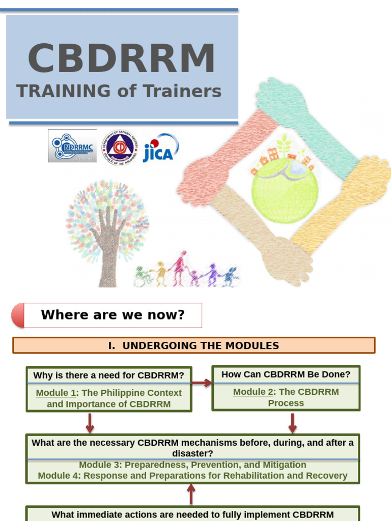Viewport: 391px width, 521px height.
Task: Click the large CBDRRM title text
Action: tap(121, 59)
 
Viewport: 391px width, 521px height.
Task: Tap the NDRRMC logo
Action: tap(72, 146)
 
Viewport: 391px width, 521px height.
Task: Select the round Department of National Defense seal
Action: tap(120, 147)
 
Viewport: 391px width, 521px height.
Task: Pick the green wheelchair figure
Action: tap(141, 277)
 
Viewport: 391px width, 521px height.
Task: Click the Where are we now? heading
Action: tap(113, 315)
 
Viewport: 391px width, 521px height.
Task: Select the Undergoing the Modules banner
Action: tap(193, 345)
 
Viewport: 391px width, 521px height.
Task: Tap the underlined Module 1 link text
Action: tap(55, 393)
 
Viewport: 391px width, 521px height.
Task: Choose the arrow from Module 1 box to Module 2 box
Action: tap(202, 383)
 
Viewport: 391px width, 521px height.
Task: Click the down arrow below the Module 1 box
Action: tap(90, 422)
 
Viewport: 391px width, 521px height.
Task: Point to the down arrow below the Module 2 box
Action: tap(293, 422)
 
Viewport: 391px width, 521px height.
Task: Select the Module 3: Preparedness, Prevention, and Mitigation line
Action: tap(192, 465)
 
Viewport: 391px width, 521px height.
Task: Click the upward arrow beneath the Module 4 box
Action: tap(191, 494)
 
